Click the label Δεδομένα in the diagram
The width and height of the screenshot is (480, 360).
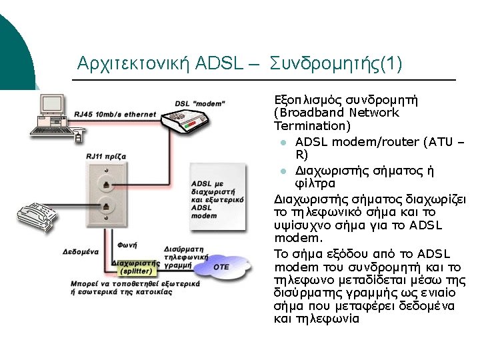click(81, 253)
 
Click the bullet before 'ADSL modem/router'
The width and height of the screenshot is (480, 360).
click(283, 143)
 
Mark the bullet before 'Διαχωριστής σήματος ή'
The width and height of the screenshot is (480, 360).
click(283, 171)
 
